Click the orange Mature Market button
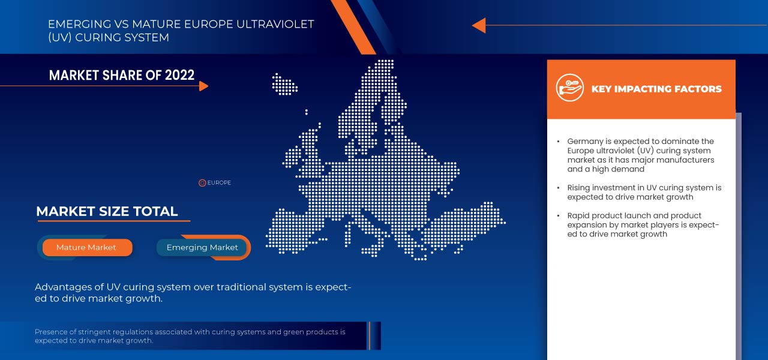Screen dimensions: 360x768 [86, 247]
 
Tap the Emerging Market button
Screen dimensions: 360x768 [202, 247]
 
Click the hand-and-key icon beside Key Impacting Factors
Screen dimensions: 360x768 [569, 88]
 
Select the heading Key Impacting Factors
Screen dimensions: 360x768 [656, 89]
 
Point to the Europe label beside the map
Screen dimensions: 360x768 [219, 183]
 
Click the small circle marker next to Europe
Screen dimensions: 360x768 [202, 183]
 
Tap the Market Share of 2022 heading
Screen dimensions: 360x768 [122, 75]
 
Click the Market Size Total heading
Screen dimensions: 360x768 [107, 211]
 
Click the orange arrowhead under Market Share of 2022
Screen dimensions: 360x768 [203, 86]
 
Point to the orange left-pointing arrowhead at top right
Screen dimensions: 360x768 [478, 25]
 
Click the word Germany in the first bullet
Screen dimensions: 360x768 [586, 142]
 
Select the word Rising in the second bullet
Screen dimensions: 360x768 [579, 188]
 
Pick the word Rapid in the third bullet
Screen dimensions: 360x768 [579, 215]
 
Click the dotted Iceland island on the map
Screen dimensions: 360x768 [284, 84]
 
